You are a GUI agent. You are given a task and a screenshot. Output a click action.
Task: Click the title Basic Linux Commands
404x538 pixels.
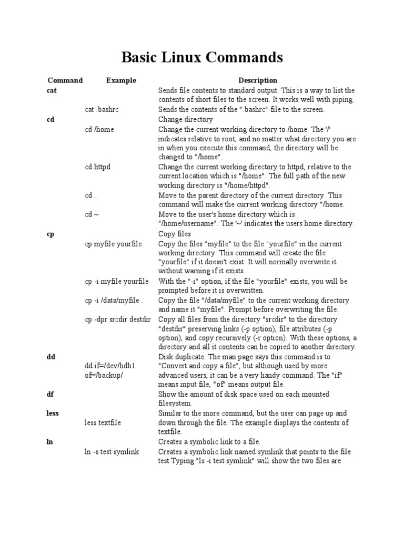[202, 57]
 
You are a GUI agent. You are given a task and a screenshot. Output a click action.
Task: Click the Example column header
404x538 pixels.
[121, 80]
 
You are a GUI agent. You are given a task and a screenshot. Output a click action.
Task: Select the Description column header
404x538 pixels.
[258, 80]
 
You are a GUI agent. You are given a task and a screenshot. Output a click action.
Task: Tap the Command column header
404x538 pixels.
[65, 80]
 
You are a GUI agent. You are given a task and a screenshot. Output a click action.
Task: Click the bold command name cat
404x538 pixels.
[52, 90]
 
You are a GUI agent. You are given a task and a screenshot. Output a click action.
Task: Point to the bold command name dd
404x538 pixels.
[51, 357]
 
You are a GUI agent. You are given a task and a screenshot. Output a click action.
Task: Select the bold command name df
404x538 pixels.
[50, 394]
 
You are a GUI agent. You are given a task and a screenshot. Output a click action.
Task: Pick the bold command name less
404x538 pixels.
[53, 413]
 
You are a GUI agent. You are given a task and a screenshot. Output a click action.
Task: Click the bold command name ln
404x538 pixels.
[50, 442]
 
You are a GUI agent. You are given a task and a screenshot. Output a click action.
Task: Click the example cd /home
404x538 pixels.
[99, 129]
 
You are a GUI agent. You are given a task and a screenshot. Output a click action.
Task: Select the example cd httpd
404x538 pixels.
[98, 167]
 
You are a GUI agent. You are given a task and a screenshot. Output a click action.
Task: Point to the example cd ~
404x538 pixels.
[92, 214]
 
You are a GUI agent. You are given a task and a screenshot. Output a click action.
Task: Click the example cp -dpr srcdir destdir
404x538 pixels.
[118, 319]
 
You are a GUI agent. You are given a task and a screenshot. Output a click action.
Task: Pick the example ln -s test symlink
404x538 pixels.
[112, 452]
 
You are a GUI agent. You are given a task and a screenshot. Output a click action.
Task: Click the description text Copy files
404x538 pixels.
[175, 234]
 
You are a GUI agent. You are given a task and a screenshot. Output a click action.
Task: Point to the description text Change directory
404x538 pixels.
[186, 120]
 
